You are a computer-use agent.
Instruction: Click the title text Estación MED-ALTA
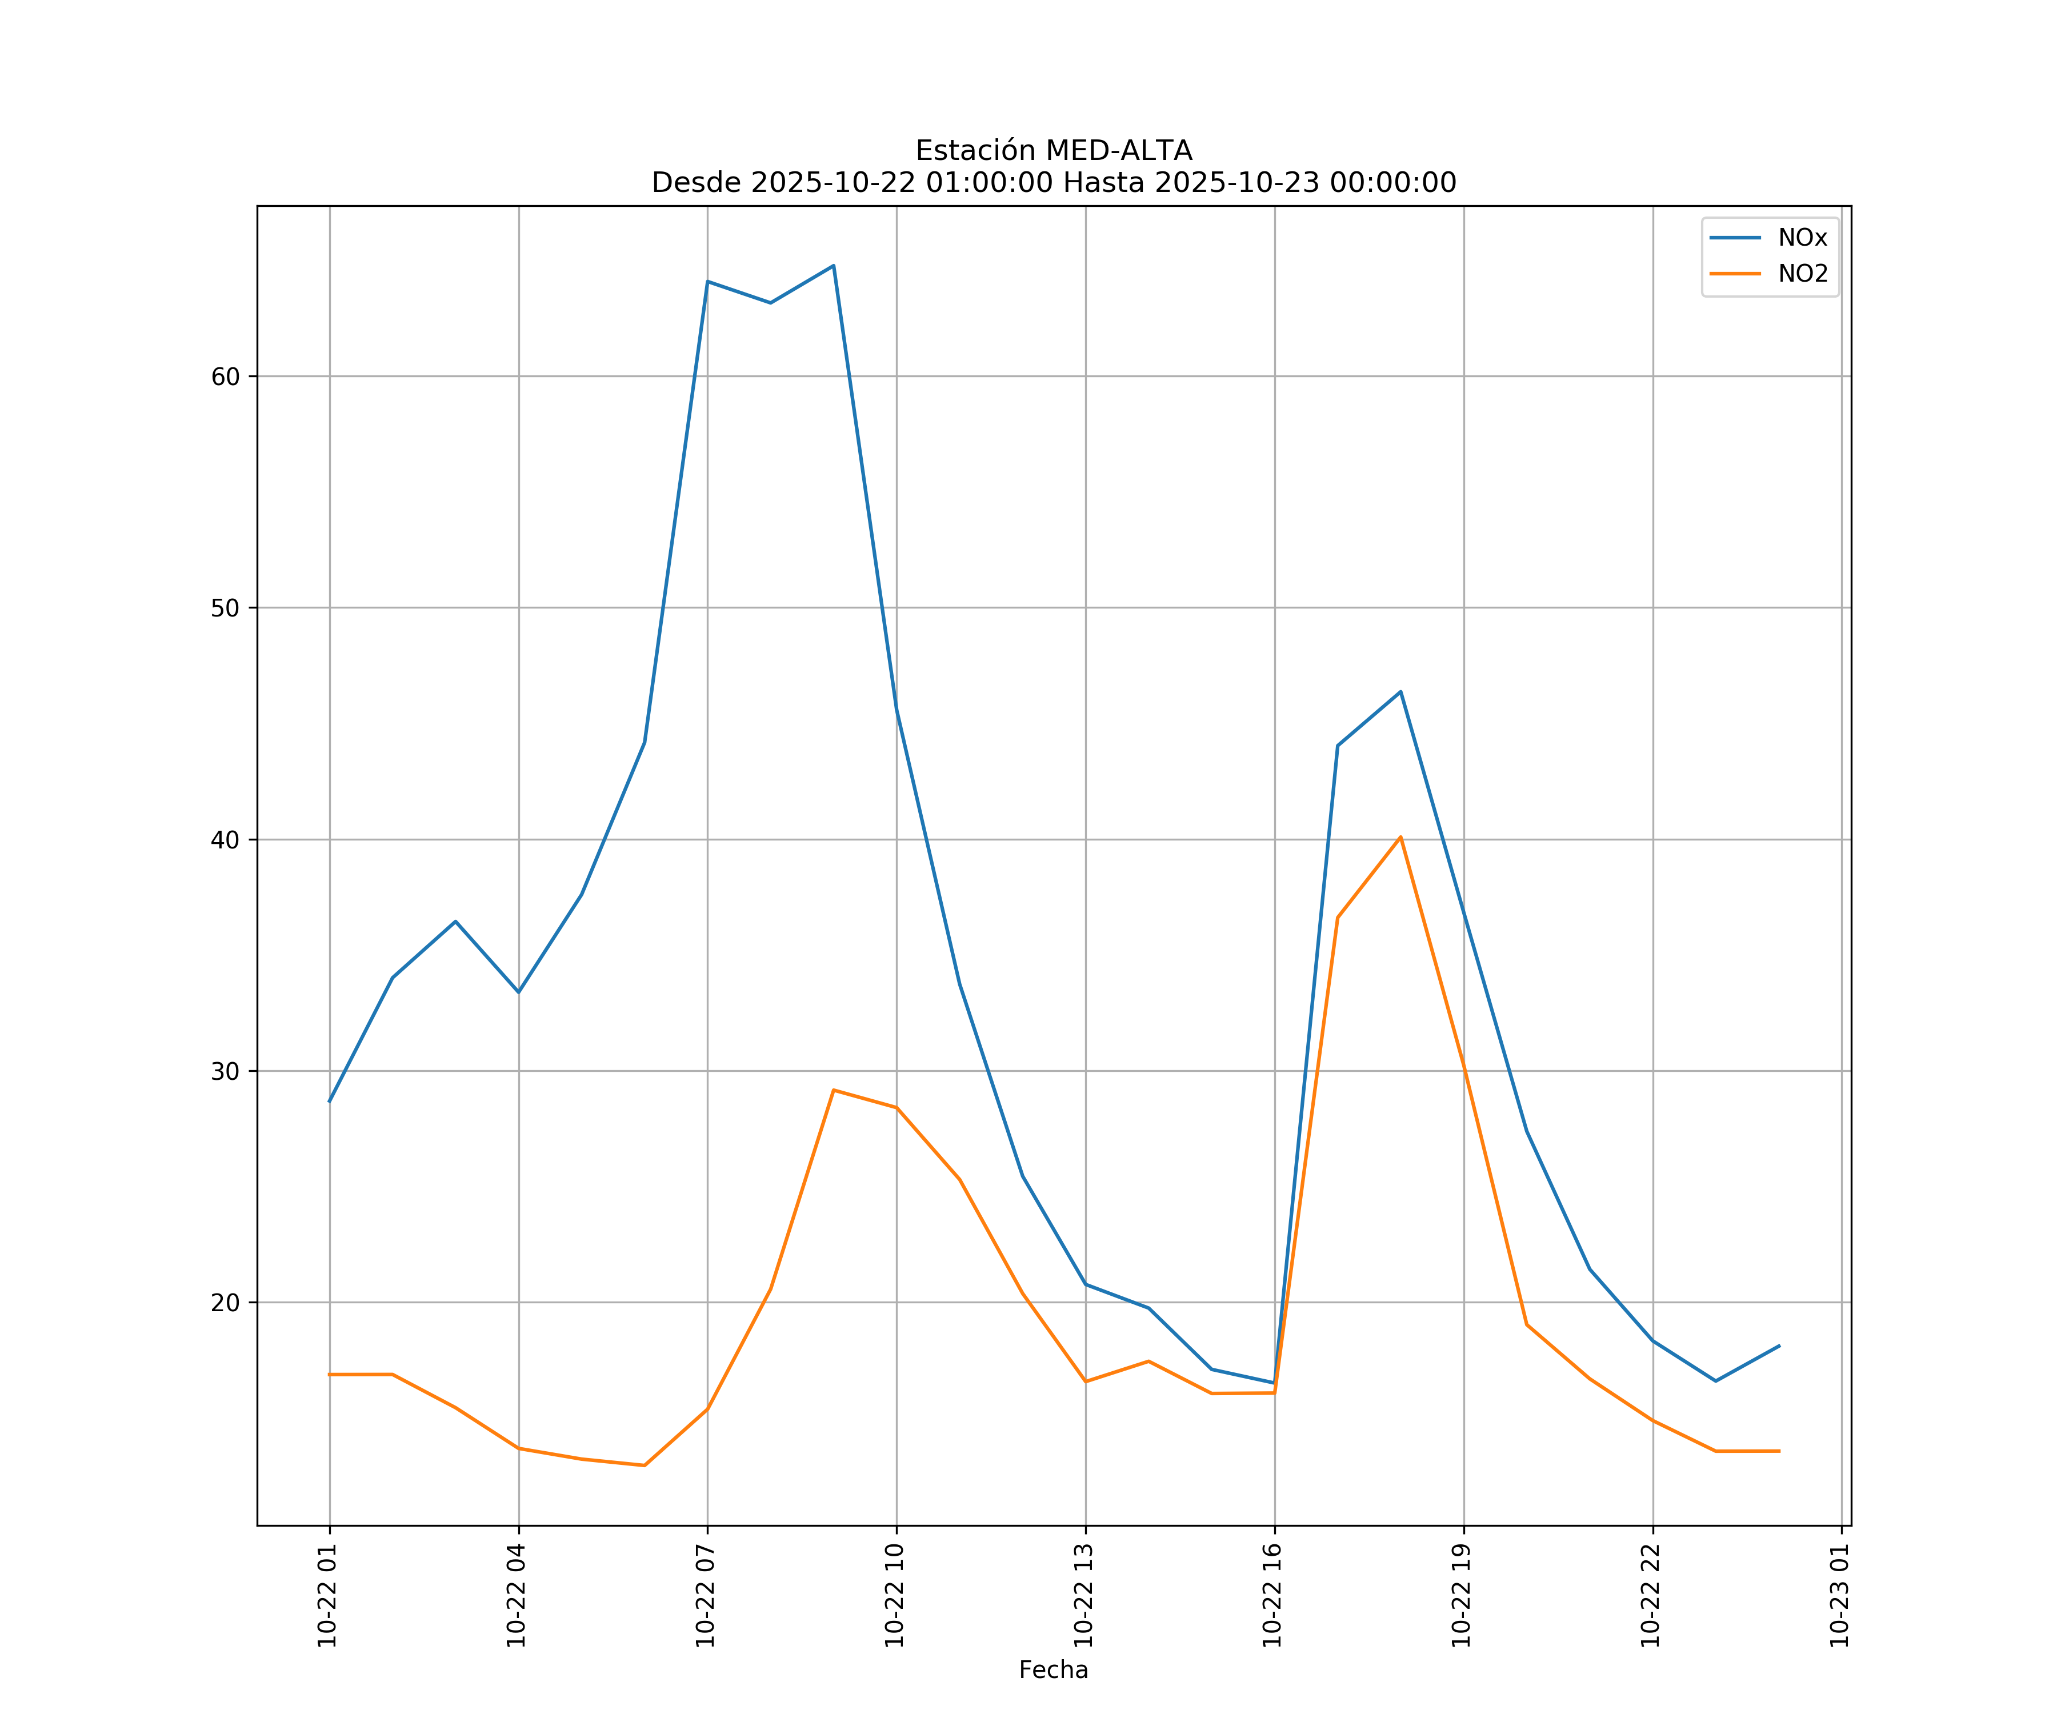coord(1053,151)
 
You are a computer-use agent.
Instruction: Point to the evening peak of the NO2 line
coord(1400,838)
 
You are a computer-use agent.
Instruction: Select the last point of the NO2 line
coord(1779,1452)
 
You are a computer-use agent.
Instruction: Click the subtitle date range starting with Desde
coord(1053,183)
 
